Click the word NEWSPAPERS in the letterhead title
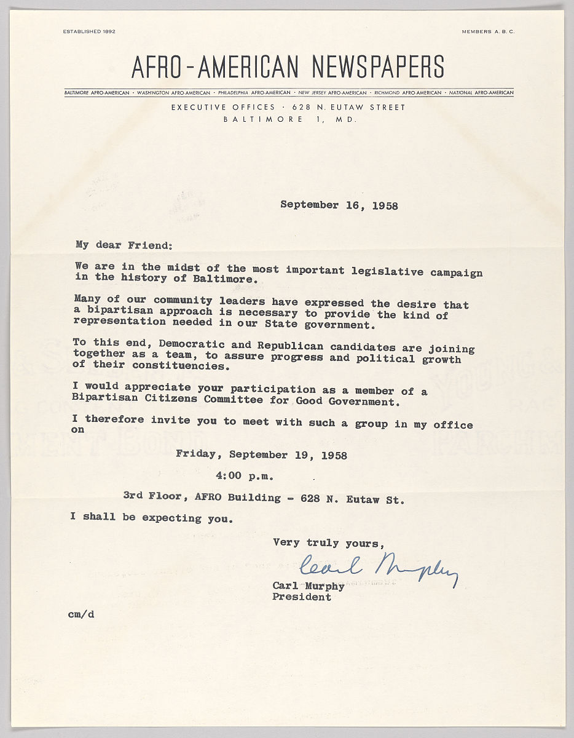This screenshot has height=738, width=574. [378, 66]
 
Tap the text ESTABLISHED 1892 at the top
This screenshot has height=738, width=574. [89, 31]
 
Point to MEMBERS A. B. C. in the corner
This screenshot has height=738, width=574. [488, 31]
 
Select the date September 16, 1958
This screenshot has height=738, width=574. [339, 205]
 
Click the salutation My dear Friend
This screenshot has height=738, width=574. [124, 245]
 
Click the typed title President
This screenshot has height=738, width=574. [302, 597]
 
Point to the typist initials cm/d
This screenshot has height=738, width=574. [81, 613]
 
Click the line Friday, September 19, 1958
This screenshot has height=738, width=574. [261, 456]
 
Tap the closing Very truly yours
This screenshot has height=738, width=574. [329, 542]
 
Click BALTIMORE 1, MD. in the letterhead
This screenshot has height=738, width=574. [290, 120]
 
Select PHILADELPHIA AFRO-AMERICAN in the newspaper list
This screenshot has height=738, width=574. [254, 93]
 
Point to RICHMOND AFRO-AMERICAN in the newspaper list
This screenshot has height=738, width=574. [408, 93]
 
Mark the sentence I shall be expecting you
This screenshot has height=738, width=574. [151, 518]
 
